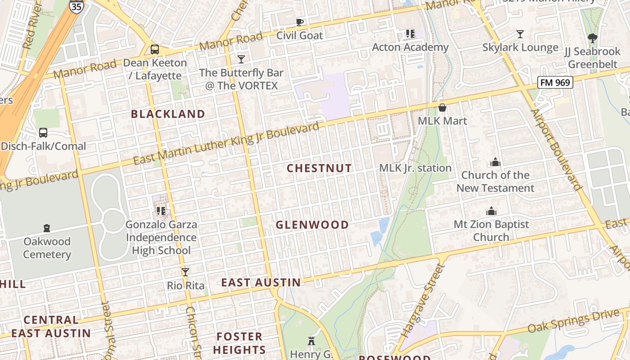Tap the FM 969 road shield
point(555,82)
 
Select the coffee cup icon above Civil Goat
point(299,22)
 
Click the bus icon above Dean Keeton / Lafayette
point(154,49)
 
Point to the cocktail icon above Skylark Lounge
point(520,34)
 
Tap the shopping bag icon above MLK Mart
point(442,108)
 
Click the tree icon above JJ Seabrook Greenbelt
point(592,39)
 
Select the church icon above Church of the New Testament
point(495,162)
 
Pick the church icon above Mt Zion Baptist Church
point(491,211)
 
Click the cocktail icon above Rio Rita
point(185,272)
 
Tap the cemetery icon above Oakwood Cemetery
point(47,228)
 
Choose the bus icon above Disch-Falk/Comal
point(43,133)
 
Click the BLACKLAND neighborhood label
point(168,114)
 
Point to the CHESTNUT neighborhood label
point(319,168)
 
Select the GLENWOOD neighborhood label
point(312,225)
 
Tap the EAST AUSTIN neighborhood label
point(261,283)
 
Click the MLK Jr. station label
point(415,168)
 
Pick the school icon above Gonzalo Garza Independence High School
point(161,211)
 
